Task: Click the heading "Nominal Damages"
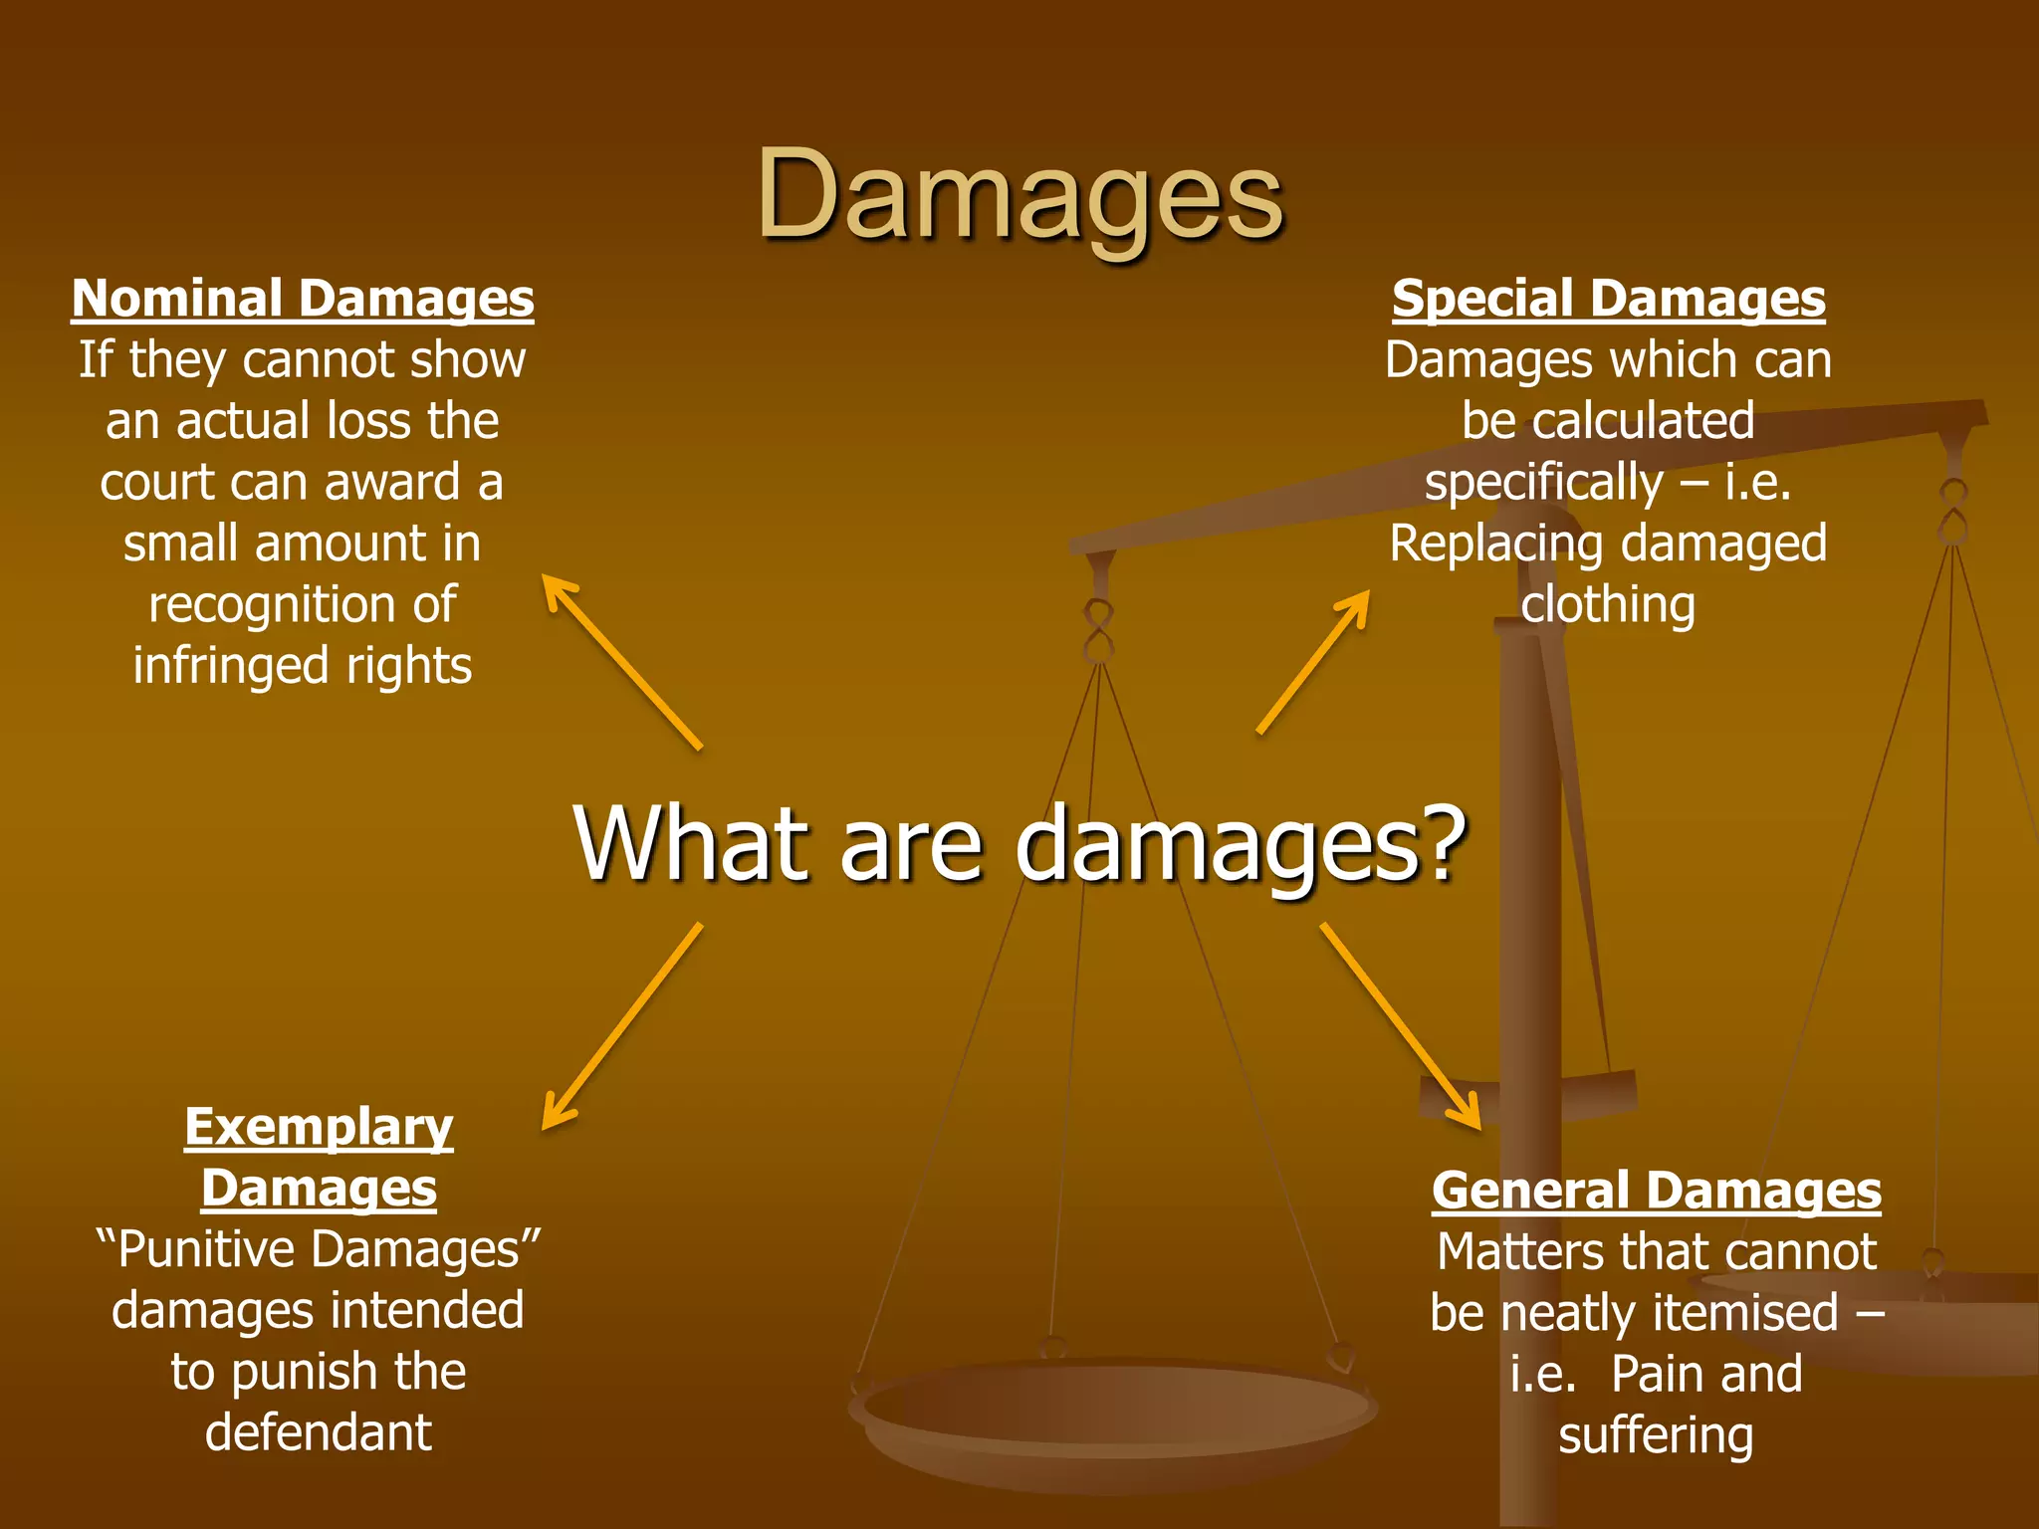click(303, 299)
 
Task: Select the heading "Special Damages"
click(1608, 299)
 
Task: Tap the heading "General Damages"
click(1656, 1191)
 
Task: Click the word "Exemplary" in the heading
click(319, 1128)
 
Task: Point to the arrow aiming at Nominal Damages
click(621, 661)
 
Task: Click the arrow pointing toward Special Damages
click(1313, 662)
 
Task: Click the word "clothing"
click(1608, 605)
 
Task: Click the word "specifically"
click(1543, 483)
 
